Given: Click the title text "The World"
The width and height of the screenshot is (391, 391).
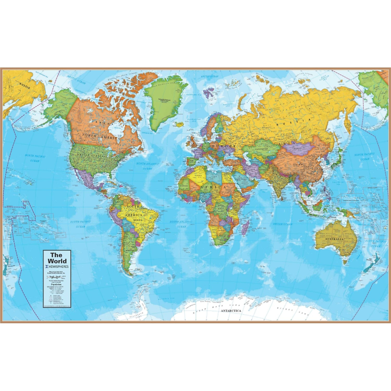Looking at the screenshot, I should click(57, 258).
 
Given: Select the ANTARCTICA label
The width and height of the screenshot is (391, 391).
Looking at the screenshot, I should click(231, 311).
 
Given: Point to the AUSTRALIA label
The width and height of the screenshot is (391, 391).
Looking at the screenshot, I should click(334, 239).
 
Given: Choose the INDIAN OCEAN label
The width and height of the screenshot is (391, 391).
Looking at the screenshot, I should click(283, 224).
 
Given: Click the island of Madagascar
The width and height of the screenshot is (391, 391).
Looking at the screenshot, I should click(245, 227).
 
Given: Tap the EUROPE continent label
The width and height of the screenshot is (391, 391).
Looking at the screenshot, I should click(223, 146).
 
